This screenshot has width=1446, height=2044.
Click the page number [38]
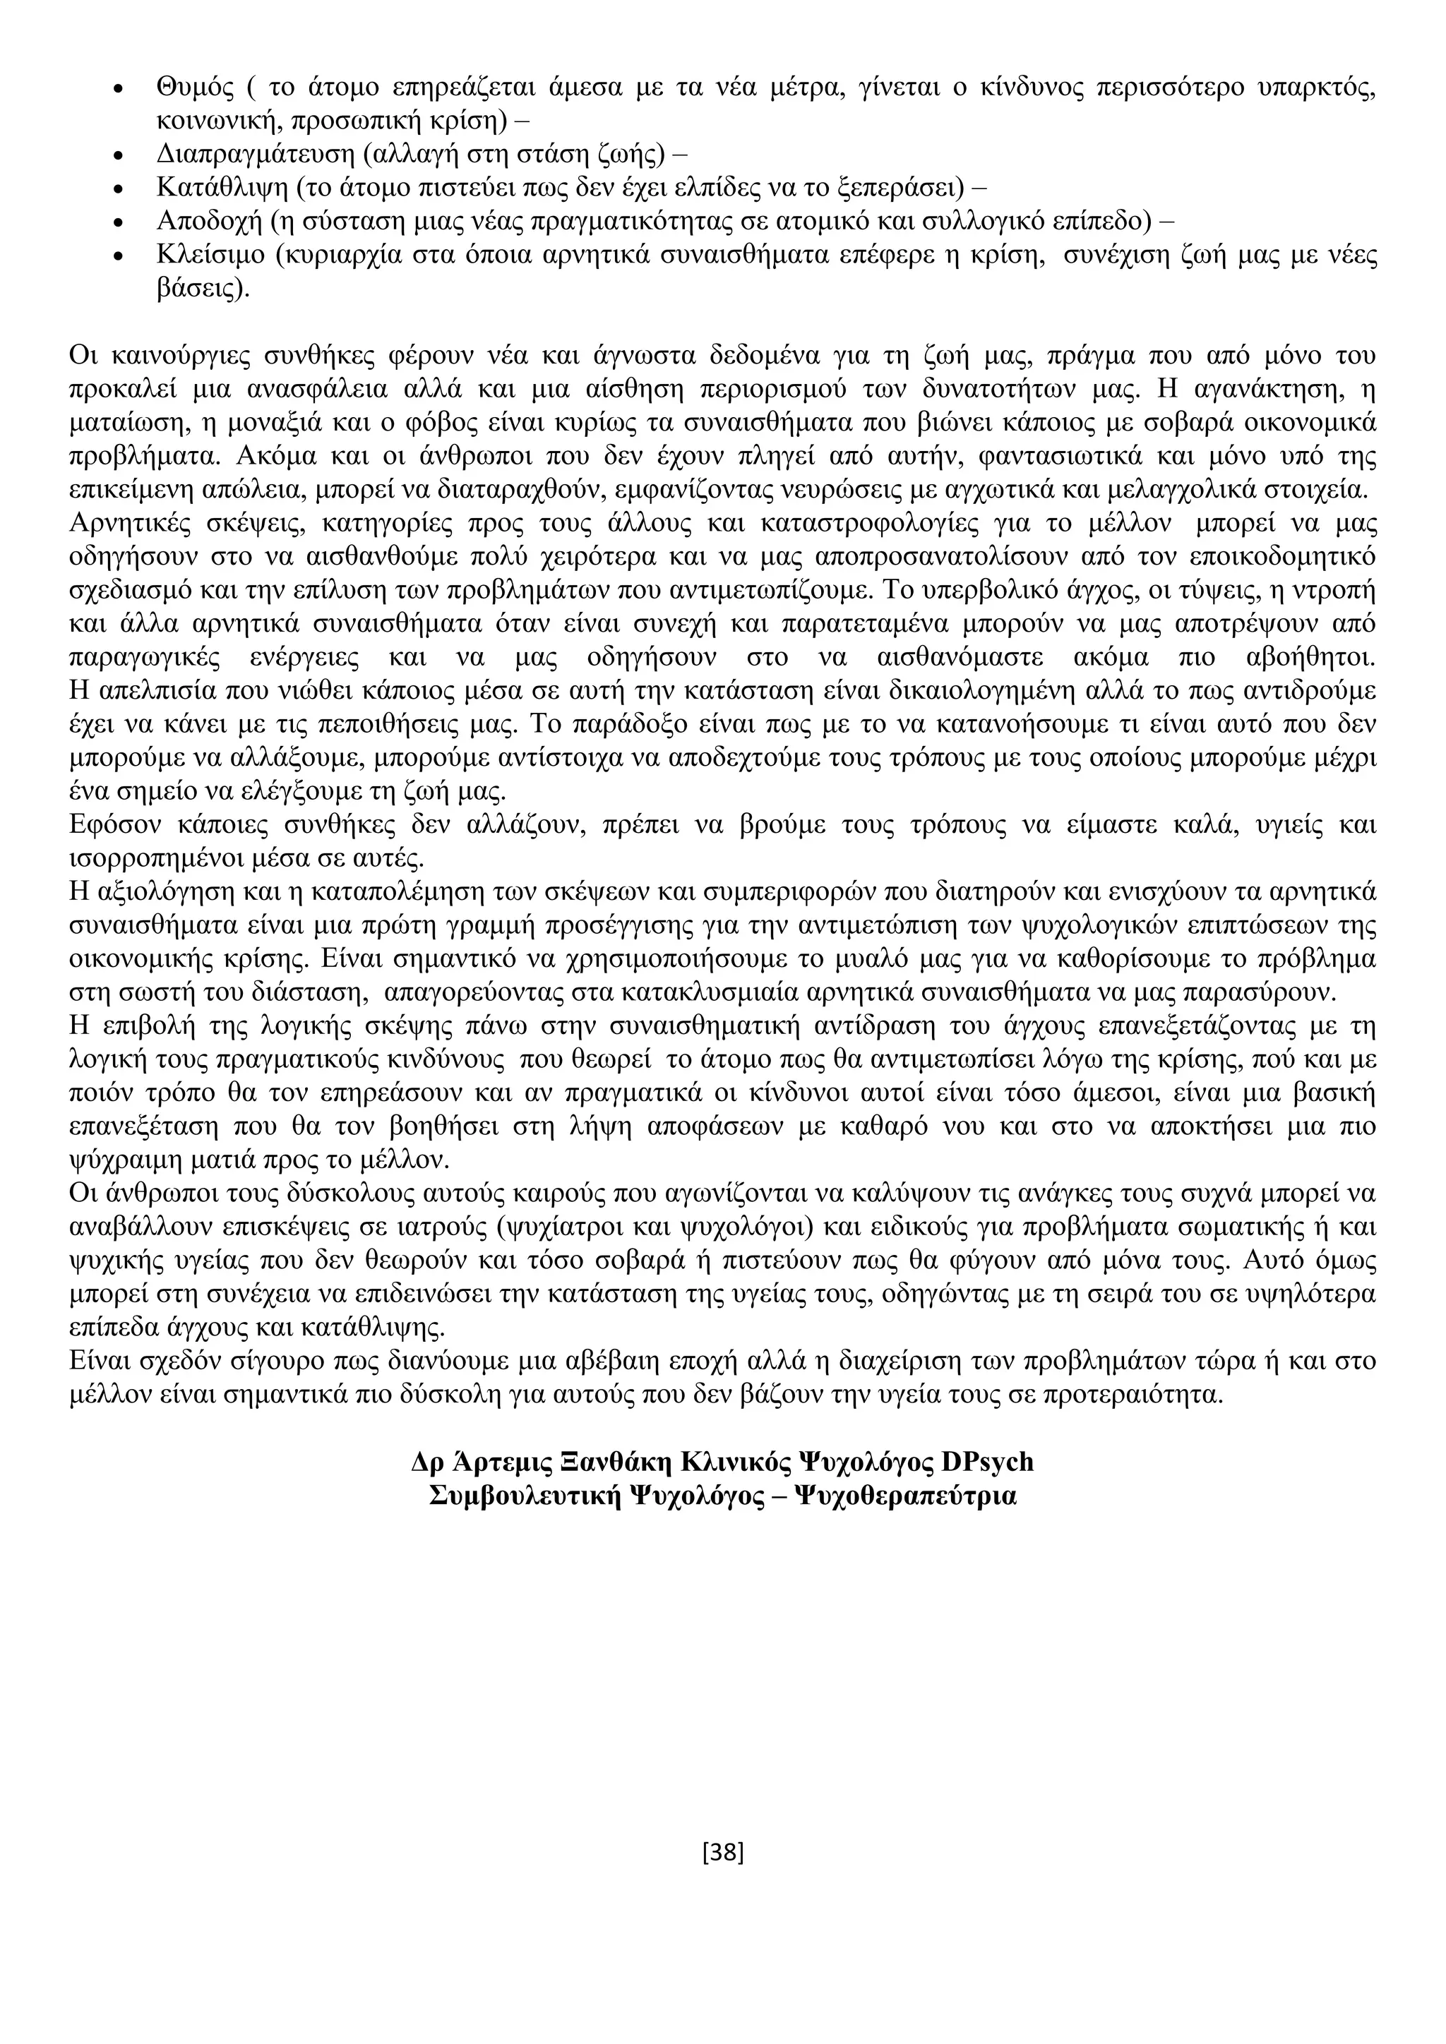point(722,1852)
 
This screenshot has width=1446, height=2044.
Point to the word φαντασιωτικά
point(1034,457)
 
